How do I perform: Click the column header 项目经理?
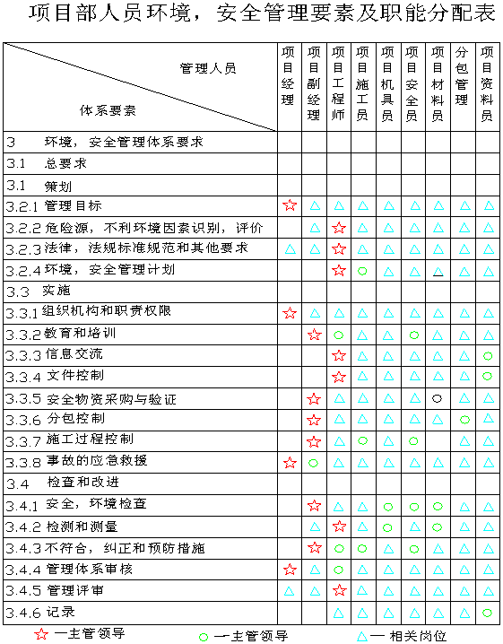288,76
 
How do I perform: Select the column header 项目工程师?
338,83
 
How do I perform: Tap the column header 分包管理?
462,76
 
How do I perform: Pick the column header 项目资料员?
487,83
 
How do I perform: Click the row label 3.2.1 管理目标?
54,205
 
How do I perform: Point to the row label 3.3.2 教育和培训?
61,334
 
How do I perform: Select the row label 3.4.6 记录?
40,613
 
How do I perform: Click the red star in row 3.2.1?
290,205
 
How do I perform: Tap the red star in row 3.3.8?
290,463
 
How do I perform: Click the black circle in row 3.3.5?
438,398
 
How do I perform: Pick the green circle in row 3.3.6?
464,420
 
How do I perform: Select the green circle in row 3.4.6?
487,613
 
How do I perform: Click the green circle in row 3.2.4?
362,271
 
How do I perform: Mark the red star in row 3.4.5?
339,590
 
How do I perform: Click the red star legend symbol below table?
41,634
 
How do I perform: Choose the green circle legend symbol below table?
204,637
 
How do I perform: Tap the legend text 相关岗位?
418,636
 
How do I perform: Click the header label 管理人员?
208,68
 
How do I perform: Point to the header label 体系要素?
108,110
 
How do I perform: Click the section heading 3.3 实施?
39,291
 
